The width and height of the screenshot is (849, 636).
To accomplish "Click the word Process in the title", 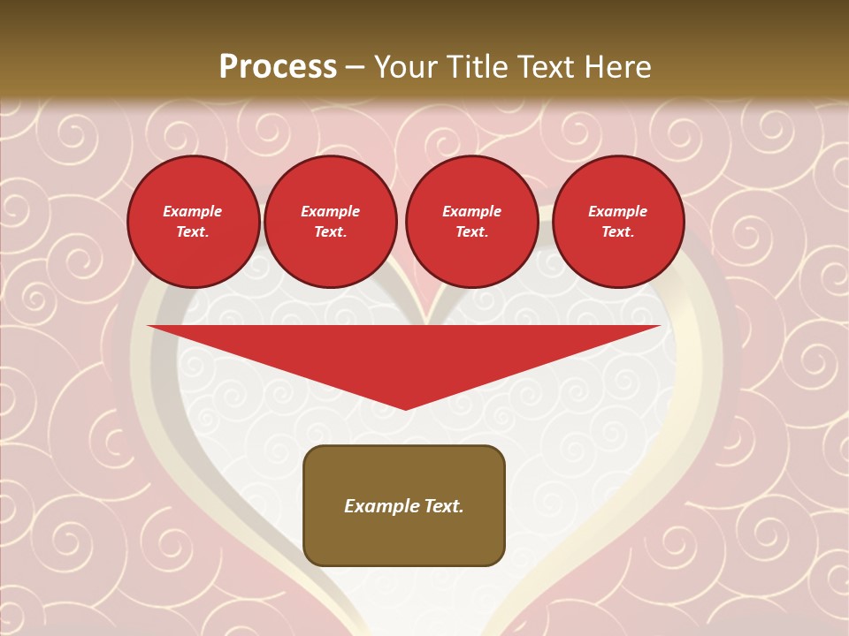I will tap(278, 67).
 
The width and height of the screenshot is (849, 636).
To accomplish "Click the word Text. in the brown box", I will tap(444, 506).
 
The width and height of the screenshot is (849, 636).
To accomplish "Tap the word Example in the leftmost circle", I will tap(193, 211).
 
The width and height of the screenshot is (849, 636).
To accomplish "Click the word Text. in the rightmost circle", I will tap(618, 232).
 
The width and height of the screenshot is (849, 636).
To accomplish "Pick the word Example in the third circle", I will tap(471, 211).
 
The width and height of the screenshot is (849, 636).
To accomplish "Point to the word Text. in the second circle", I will tap(331, 232).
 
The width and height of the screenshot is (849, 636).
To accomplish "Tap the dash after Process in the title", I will tap(355, 67).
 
